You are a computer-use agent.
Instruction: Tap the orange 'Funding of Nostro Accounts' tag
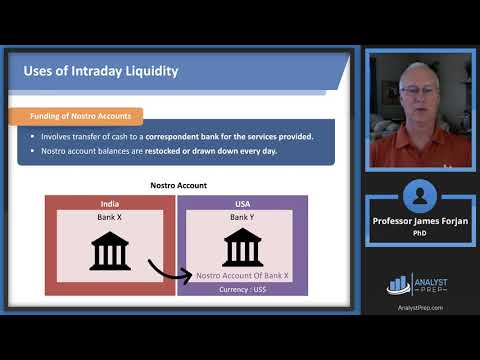coord(81,117)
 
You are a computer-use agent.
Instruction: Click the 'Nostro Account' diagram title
coord(178,185)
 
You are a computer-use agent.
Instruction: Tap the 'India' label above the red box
coord(110,202)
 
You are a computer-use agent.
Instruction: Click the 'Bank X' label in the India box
coord(110,217)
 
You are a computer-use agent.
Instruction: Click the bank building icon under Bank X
coord(110,250)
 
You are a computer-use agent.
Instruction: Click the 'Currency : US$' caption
coord(241,289)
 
